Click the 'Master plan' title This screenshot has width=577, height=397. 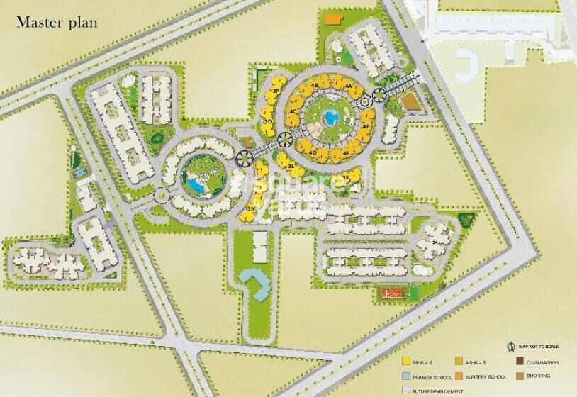click(57, 22)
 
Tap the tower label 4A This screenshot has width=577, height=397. click(348, 85)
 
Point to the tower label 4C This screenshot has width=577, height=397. click(293, 112)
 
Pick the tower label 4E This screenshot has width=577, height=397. click(345, 152)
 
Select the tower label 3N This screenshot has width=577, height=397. click(251, 210)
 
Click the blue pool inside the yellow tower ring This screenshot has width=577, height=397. click(330, 117)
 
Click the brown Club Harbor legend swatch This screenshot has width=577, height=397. click(520, 363)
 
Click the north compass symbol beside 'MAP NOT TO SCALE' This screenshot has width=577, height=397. click(511, 347)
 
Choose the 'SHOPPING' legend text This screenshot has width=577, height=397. click(539, 376)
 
